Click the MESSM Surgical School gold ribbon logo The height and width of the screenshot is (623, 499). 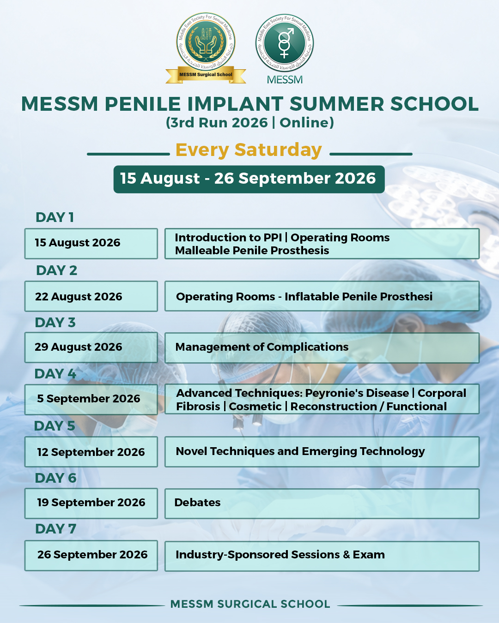[x=206, y=48]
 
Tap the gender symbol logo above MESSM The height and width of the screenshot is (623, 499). [x=285, y=43]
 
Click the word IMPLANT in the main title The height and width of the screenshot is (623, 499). [x=235, y=104]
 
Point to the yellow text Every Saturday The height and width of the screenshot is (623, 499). [x=249, y=150]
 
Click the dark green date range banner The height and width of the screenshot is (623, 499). [x=249, y=179]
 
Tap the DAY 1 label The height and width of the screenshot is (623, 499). [x=55, y=217]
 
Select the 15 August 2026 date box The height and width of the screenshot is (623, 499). [x=91, y=244]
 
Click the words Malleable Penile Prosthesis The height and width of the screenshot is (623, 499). [x=252, y=251]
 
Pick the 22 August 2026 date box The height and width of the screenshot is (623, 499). [x=91, y=296]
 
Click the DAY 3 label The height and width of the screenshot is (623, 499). [x=55, y=323]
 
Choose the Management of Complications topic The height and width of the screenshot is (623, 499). [x=262, y=347]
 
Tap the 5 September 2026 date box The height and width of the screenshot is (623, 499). [x=91, y=400]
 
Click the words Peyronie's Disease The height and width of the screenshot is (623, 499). [x=357, y=393]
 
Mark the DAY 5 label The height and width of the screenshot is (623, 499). [x=55, y=426]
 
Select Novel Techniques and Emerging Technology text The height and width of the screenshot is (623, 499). [x=300, y=451]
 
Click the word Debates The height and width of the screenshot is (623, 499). [x=197, y=503]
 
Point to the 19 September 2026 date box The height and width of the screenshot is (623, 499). [x=91, y=503]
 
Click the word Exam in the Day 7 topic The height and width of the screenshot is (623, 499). [x=369, y=555]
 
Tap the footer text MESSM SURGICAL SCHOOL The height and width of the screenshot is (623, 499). [x=250, y=604]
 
